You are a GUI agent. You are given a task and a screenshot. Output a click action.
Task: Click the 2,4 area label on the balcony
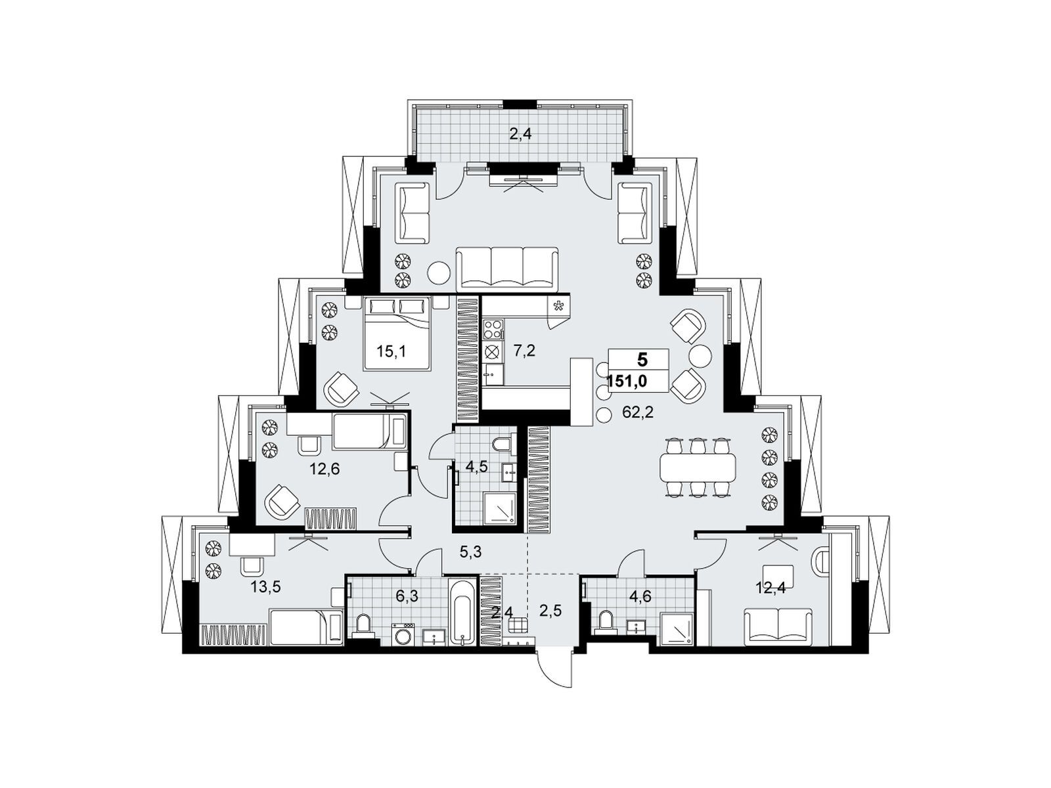[x=520, y=135]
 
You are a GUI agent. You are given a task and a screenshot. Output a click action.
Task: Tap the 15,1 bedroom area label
[x=391, y=352]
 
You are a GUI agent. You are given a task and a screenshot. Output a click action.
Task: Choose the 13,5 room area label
[x=266, y=586]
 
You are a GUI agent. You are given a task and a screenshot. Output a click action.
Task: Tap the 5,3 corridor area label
[x=470, y=552]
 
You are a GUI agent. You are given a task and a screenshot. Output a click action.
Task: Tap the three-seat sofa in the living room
[x=507, y=269]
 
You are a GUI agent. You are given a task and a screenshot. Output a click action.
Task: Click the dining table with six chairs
[x=697, y=467]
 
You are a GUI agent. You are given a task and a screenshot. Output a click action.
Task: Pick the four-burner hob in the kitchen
[x=493, y=329]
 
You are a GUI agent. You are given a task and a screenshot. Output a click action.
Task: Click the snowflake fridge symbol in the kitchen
[x=558, y=306]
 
